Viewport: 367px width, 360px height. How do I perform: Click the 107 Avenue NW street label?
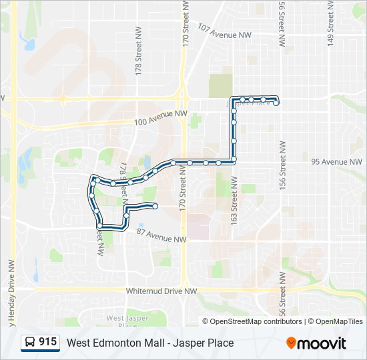coord(224,31)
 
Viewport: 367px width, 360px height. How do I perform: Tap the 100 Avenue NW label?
coord(160,119)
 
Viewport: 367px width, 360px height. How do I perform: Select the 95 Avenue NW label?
coord(337,162)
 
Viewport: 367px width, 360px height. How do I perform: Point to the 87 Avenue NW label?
coord(161,235)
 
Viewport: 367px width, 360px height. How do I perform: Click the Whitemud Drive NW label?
coord(161,291)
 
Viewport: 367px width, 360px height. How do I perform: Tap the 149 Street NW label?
coord(330,23)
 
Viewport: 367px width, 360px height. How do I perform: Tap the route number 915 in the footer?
coord(47,342)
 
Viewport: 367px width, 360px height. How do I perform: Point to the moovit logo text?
coord(322,343)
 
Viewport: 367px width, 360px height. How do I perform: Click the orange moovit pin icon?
coord(292,343)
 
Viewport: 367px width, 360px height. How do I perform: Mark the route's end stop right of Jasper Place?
coord(276,103)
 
